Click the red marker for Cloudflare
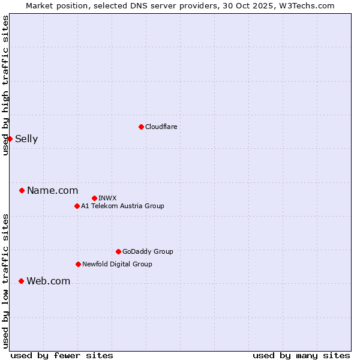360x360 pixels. pyautogui.click(x=141, y=127)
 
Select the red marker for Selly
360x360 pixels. pyautogui.click(x=10, y=139)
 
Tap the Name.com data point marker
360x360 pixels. pyautogui.click(x=22, y=191)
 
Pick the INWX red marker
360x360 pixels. pyautogui.click(x=94, y=198)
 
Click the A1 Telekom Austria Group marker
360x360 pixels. pyautogui.click(x=77, y=206)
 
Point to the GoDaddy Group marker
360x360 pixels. pyautogui.click(x=118, y=252)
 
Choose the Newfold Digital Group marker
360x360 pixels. pyautogui.click(x=78, y=265)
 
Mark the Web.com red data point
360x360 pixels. pyautogui.click(x=21, y=281)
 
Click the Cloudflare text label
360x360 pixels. pyautogui.click(x=161, y=127)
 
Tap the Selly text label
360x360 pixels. pyautogui.click(x=26, y=139)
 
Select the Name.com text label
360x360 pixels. pyautogui.click(x=52, y=191)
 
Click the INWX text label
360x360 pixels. pyautogui.click(x=107, y=198)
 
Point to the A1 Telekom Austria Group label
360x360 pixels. pyautogui.click(x=122, y=206)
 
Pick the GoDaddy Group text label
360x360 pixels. pyautogui.click(x=148, y=252)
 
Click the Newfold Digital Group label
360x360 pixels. pyautogui.click(x=117, y=265)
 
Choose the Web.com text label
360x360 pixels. pyautogui.click(x=48, y=281)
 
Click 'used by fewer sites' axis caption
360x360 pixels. pyautogui.click(x=62, y=355)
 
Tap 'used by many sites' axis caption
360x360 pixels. pyautogui.click(x=301, y=355)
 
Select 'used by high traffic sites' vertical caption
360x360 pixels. pyautogui.click(x=5, y=86)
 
